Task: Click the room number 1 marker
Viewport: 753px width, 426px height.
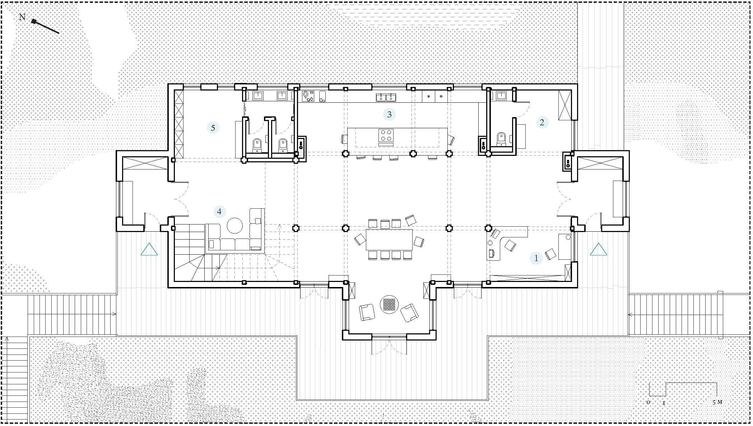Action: pyautogui.click(x=536, y=258)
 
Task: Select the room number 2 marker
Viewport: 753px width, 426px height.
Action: pyautogui.click(x=542, y=122)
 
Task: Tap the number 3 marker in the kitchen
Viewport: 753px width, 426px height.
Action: pyautogui.click(x=389, y=114)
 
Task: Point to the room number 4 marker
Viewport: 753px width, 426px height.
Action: pyautogui.click(x=219, y=212)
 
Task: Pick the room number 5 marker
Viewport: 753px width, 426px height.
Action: pyautogui.click(x=213, y=128)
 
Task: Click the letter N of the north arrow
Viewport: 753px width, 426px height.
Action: pyautogui.click(x=22, y=17)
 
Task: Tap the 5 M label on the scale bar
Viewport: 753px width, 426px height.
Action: pyautogui.click(x=717, y=402)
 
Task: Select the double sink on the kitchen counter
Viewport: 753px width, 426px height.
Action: pyautogui.click(x=386, y=97)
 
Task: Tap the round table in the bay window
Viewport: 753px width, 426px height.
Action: pyautogui.click(x=389, y=304)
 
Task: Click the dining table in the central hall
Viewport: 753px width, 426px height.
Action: pyautogui.click(x=389, y=239)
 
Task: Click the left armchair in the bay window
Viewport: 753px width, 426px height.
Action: pyautogui.click(x=367, y=311)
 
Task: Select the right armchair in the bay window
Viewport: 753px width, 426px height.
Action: pyautogui.click(x=409, y=312)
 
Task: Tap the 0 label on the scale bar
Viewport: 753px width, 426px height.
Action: pyautogui.click(x=649, y=402)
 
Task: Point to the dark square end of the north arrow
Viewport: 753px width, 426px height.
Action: pyautogui.click(x=34, y=22)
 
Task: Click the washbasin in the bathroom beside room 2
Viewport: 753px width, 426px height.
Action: pyautogui.click(x=501, y=95)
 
